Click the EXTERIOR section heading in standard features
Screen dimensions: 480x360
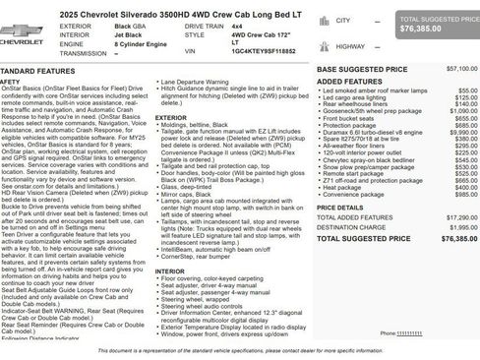[170, 117]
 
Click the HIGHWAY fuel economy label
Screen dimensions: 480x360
[350, 46]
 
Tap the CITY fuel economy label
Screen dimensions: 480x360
[342, 20]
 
